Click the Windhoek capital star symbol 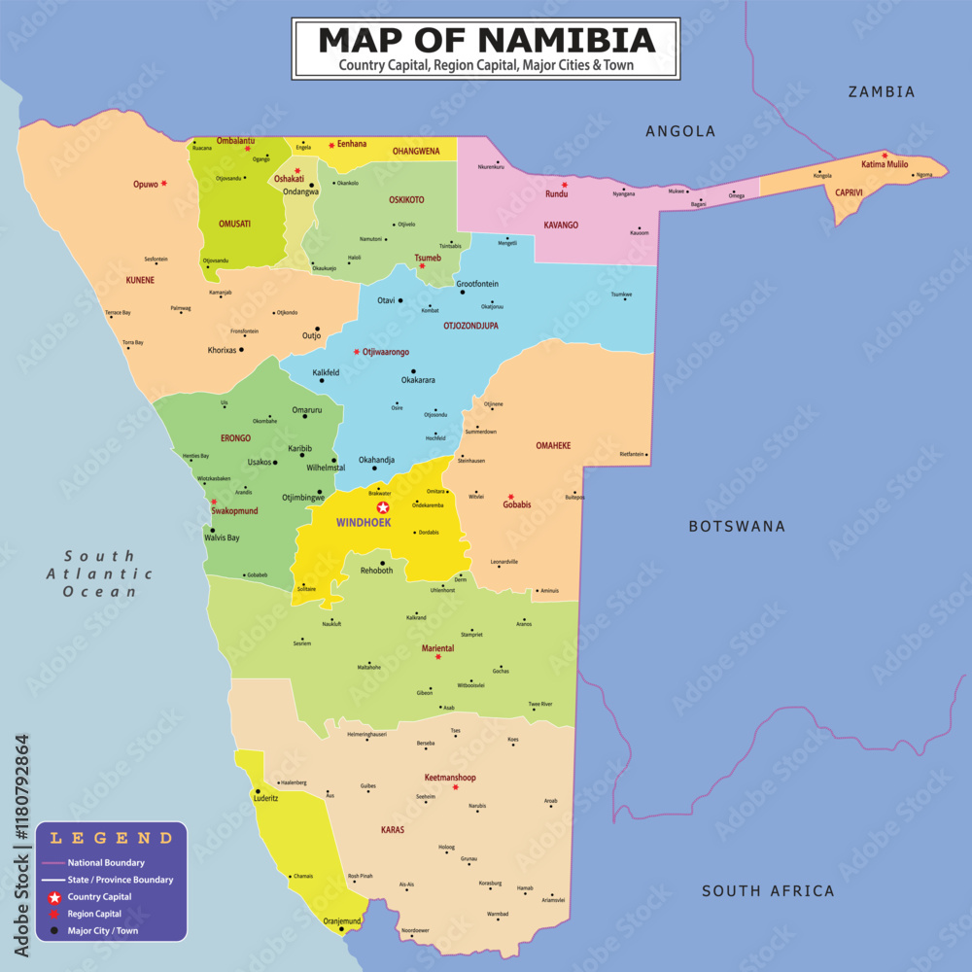[x=383, y=507]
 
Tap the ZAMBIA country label [x=881, y=92]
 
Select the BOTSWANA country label [x=737, y=526]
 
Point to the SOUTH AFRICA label [x=768, y=890]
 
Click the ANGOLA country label [x=680, y=131]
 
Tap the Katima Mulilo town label [x=885, y=164]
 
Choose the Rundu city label [x=556, y=192]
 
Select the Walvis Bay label [x=222, y=538]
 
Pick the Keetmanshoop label [x=450, y=778]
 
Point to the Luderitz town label [x=266, y=798]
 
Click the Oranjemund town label [x=342, y=920]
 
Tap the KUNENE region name [x=140, y=280]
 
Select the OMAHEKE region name [x=553, y=445]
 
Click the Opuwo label [x=145, y=184]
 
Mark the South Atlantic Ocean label [x=99, y=573]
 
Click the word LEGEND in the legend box [x=112, y=838]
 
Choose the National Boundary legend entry [x=106, y=862]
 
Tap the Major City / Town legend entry [x=102, y=931]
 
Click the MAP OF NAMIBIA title [x=486, y=40]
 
